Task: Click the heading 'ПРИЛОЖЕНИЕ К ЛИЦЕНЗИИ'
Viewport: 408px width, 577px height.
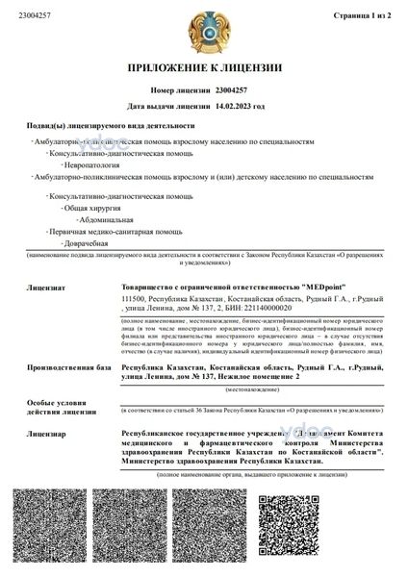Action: point(204,68)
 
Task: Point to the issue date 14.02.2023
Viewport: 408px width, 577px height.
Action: point(236,106)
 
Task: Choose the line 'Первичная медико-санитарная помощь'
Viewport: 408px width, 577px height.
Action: point(102,232)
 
